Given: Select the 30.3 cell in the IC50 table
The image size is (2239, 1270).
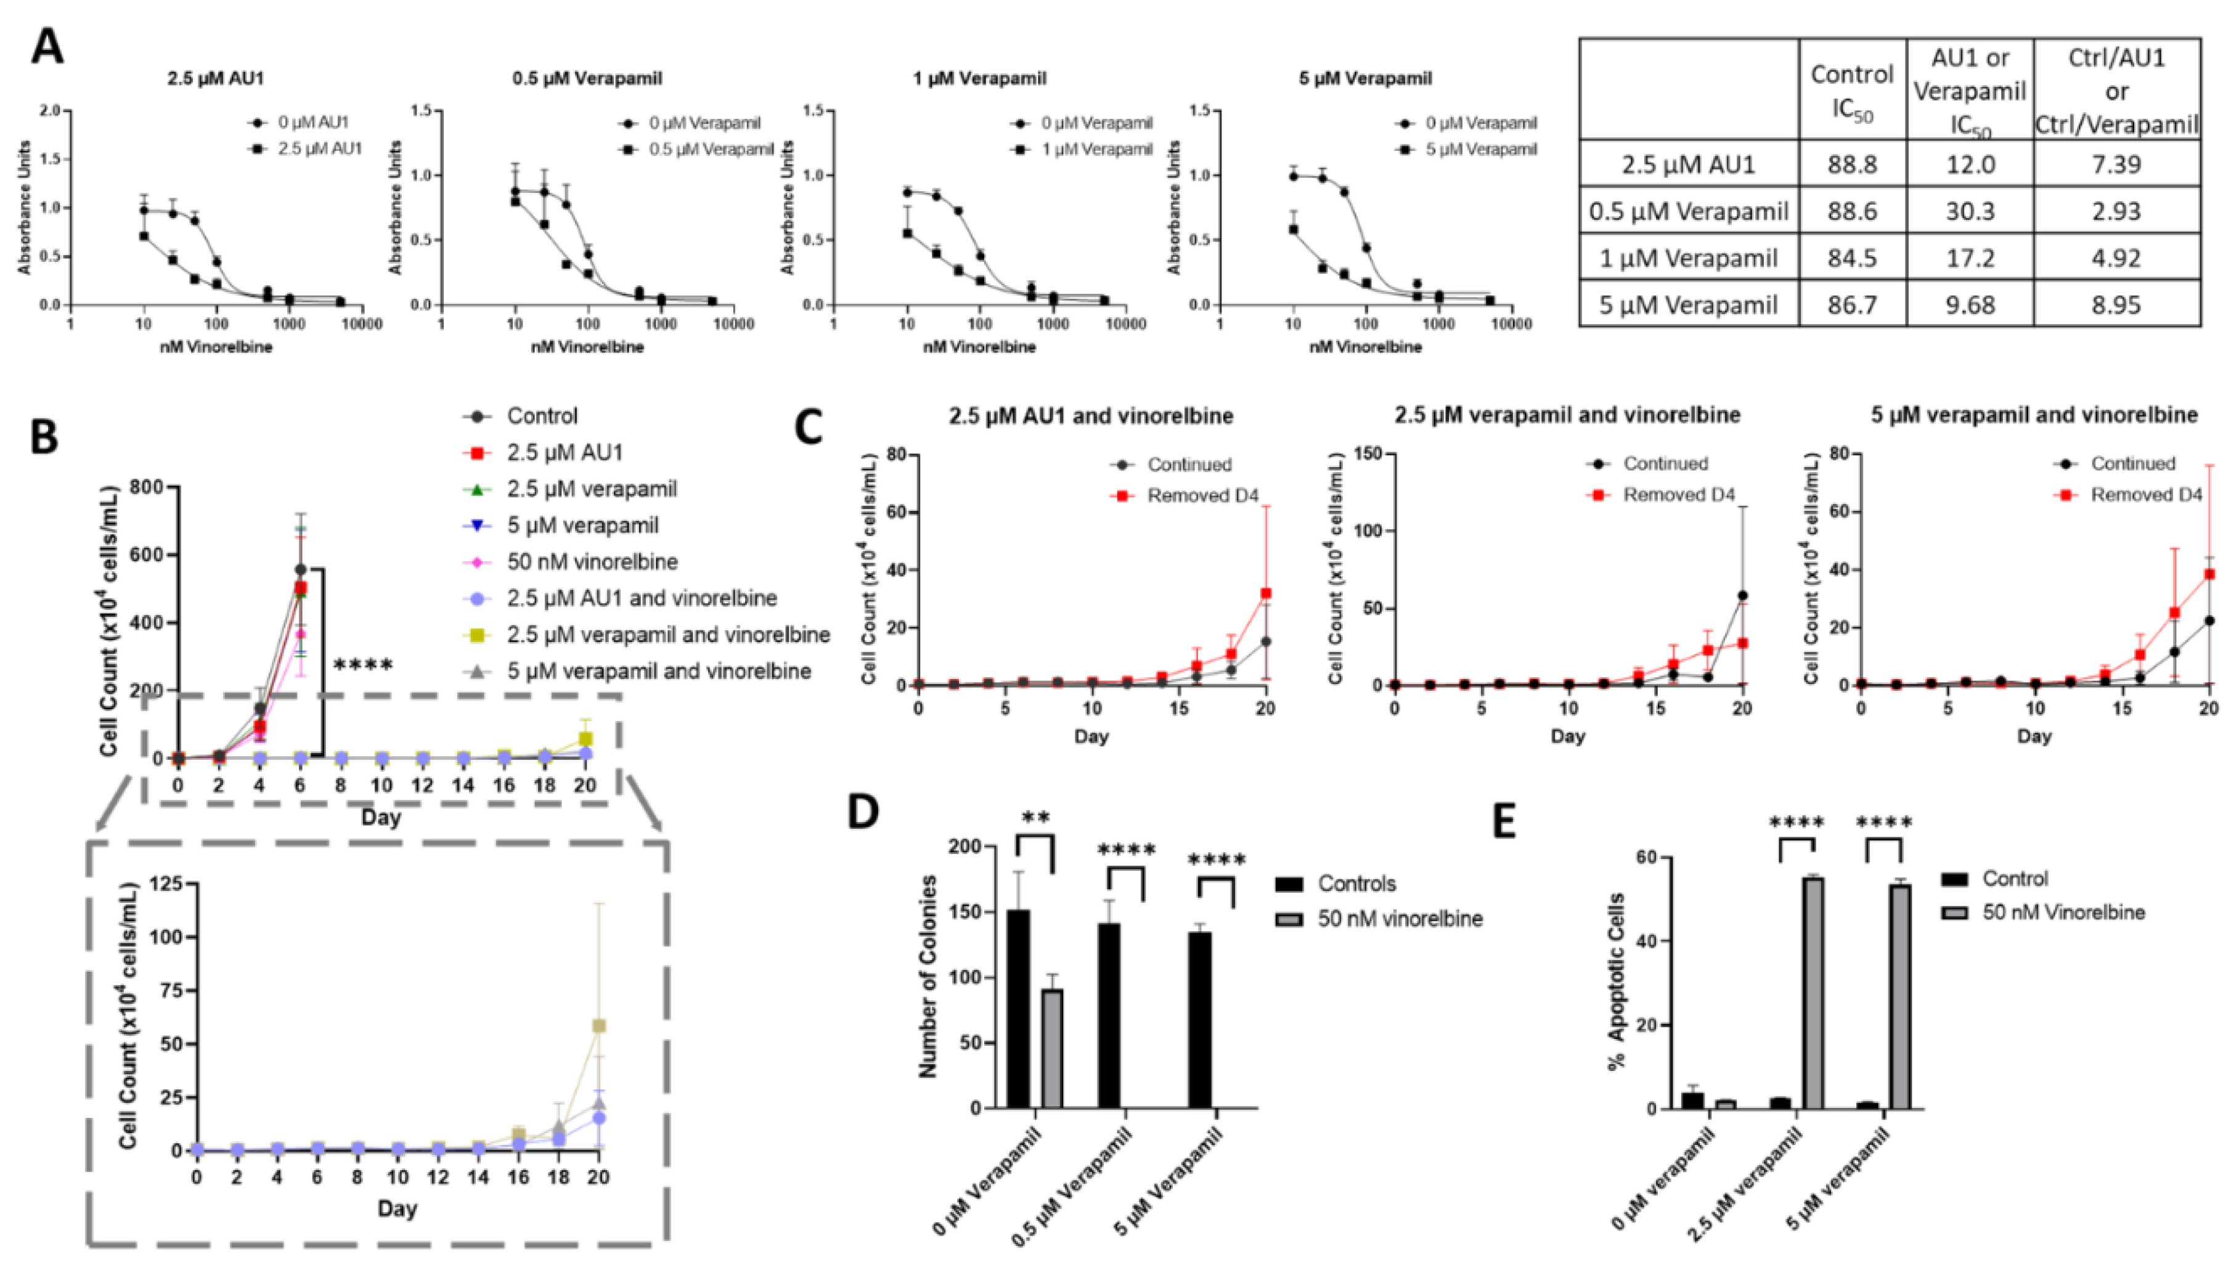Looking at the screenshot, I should tap(1970, 211).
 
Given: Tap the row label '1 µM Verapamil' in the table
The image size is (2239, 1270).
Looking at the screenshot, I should tap(1689, 258).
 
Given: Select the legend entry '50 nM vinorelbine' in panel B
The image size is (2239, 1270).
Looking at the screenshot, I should tap(592, 562).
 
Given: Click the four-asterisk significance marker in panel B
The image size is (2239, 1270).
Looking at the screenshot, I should tap(363, 666).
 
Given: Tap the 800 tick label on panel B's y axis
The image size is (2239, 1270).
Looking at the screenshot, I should tap(147, 487).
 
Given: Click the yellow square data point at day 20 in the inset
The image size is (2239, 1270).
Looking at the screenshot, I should tap(598, 1026).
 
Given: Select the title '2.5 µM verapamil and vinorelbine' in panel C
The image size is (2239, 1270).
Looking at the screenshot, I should tap(1567, 415).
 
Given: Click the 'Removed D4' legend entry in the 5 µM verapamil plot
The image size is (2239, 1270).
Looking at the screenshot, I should tap(2146, 495).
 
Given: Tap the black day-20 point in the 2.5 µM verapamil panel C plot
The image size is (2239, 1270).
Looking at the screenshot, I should tap(1742, 596).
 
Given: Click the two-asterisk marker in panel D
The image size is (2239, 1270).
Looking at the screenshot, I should tap(1035, 817).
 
